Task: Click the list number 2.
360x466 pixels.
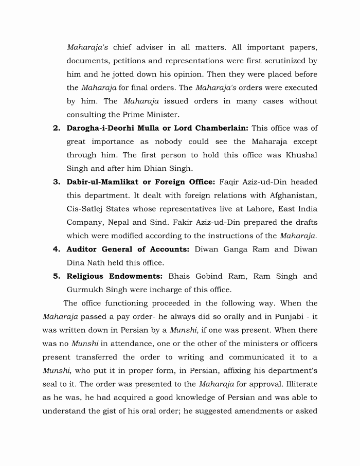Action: [57, 128]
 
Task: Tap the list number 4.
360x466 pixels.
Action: [57, 249]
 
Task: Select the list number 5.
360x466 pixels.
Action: [57, 276]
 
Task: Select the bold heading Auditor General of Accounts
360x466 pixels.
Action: [128, 249]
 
